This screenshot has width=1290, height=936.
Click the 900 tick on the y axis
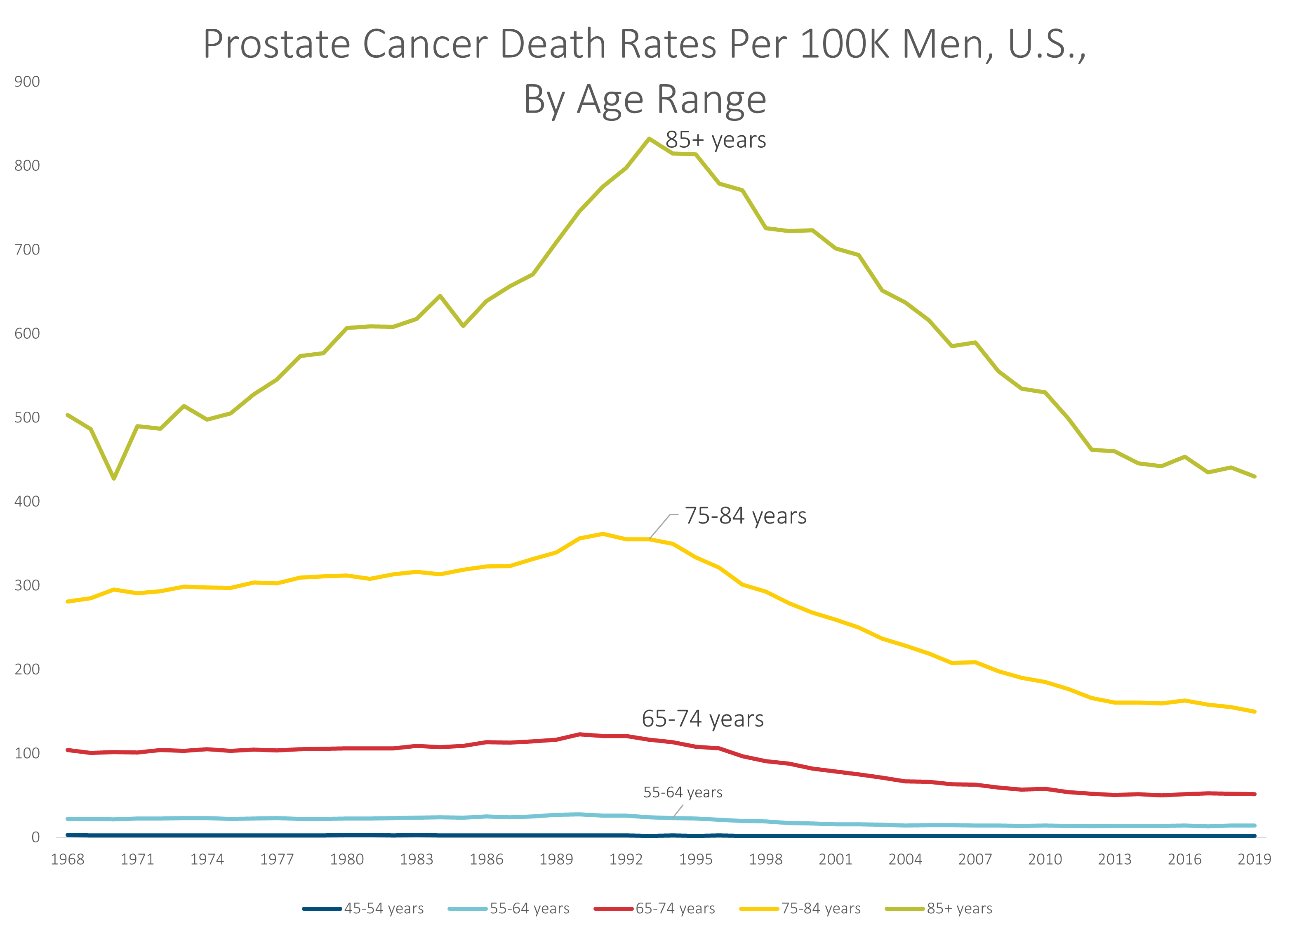coord(27,82)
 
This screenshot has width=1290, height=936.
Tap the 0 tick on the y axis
coord(35,837)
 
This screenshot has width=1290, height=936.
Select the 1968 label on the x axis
coord(67,859)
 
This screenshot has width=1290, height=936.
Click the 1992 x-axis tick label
coord(626,859)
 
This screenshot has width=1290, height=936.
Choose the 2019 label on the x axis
coord(1254,859)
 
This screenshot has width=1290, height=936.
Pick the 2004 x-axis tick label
coord(905,859)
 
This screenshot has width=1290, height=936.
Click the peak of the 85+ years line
coord(649,139)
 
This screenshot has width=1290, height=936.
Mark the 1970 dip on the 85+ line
coord(114,478)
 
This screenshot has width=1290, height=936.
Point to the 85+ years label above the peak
coord(716,139)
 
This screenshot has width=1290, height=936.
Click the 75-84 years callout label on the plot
coord(745,516)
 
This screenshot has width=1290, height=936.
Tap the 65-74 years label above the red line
coord(702,719)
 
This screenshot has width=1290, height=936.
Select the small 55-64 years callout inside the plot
coord(683,792)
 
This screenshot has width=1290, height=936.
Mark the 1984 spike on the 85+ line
coord(440,296)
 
